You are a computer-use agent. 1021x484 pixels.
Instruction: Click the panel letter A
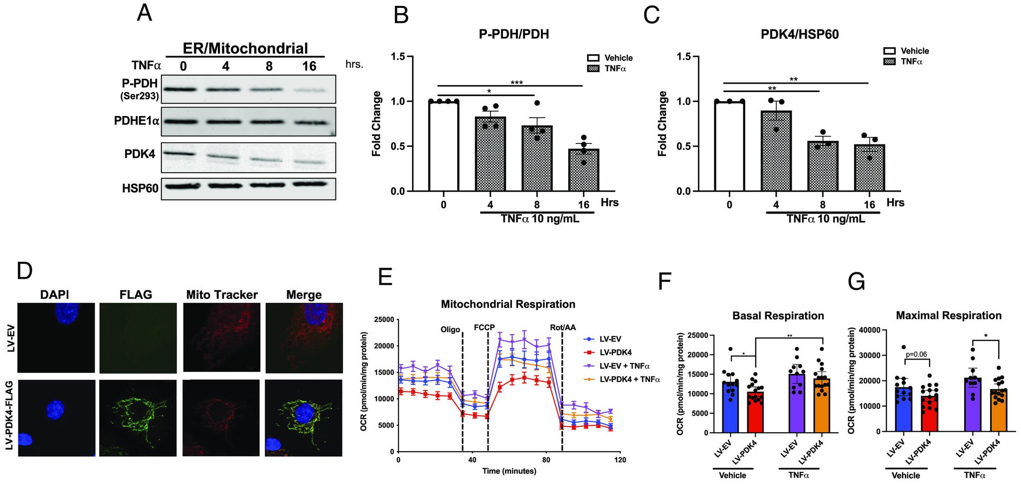145,14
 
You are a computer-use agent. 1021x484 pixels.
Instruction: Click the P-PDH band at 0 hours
183,90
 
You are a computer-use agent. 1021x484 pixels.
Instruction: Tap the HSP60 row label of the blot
140,189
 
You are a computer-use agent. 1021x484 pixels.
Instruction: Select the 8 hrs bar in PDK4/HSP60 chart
823,166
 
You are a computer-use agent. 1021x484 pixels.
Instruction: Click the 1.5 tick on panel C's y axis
685,57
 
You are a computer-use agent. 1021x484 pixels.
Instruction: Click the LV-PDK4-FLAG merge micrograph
304,417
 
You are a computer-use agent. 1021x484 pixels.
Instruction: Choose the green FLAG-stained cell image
138,417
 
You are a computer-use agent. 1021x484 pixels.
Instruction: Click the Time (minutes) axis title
509,471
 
